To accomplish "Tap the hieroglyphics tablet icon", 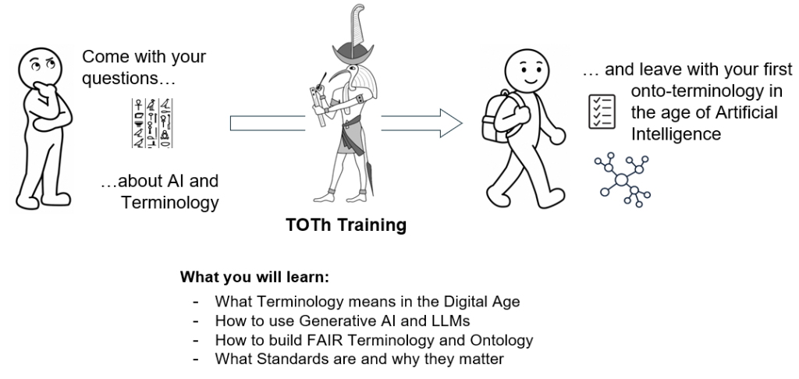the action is (x=152, y=123).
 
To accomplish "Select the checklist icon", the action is (x=602, y=112).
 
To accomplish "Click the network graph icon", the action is (x=622, y=180).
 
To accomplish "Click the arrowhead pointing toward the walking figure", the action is (x=451, y=123).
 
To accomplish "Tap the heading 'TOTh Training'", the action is (x=346, y=225).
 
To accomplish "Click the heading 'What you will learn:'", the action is (x=255, y=278).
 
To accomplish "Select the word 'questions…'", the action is (x=129, y=79).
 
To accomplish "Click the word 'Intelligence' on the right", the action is (x=676, y=134).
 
